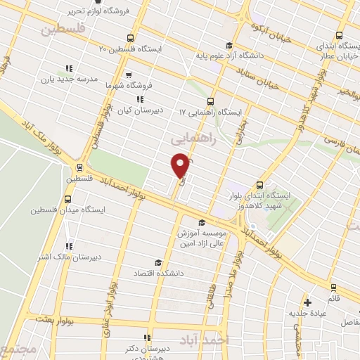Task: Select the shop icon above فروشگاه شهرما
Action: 128,74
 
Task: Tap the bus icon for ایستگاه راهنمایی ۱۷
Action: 212,101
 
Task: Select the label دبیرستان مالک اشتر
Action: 70,257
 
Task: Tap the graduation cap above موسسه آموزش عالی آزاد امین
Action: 202,223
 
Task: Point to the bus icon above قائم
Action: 333,287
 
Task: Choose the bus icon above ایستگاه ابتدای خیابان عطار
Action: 340,34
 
